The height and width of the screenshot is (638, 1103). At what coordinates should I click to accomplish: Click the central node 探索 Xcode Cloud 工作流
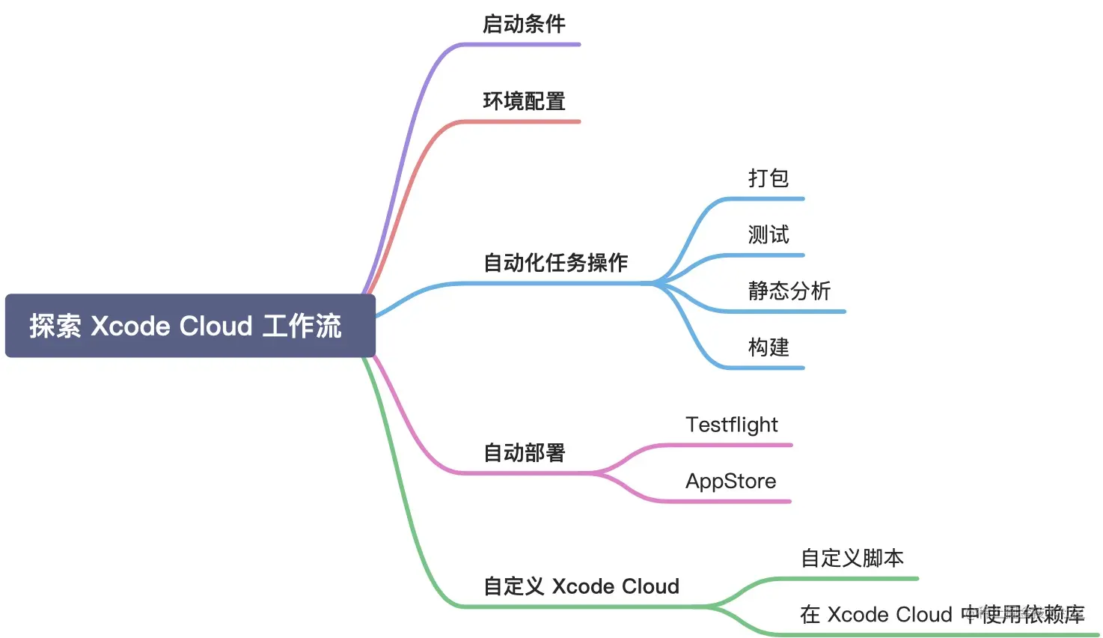[x=190, y=326]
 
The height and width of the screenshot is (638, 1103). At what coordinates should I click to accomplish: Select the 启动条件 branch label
[x=524, y=24]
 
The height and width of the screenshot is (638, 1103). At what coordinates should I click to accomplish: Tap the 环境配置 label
[x=524, y=101]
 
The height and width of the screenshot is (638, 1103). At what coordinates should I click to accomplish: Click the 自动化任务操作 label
[x=555, y=263]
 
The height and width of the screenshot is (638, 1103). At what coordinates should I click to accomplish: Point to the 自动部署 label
[x=524, y=453]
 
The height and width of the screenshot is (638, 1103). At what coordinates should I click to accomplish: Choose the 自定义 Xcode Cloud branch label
[x=581, y=586]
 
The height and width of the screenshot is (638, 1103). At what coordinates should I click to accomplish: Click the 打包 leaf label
[x=769, y=178]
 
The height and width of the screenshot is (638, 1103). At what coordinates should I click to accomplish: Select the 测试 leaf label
[x=769, y=235]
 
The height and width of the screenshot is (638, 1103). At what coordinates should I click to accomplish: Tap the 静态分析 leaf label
[x=789, y=291]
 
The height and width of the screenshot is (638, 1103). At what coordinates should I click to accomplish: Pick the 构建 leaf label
[x=769, y=347]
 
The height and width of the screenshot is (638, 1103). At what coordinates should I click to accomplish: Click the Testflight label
[x=732, y=425]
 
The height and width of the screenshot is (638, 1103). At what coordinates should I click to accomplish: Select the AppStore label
[x=731, y=481]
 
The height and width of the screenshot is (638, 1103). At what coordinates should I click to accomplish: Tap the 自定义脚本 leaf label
[x=852, y=558]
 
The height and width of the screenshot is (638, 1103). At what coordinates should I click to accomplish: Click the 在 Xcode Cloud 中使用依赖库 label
[x=942, y=615]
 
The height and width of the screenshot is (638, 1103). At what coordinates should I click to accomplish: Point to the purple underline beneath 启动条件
[x=524, y=45]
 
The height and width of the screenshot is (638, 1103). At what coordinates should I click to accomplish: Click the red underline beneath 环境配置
[x=524, y=121]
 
